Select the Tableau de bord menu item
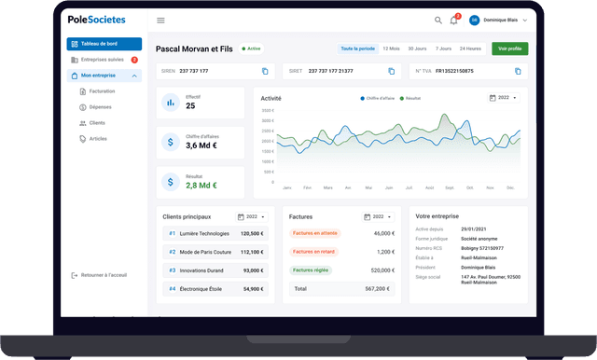[104, 44]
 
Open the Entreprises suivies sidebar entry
[103, 60]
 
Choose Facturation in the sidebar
[102, 91]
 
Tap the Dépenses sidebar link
[100, 107]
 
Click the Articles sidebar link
[98, 138]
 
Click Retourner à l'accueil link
[104, 275]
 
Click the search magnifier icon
[438, 20]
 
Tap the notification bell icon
[454, 20]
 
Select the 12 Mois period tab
[392, 48]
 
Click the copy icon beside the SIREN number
[265, 71]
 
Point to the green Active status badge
[252, 48]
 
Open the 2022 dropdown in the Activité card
[504, 97]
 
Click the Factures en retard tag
[314, 252]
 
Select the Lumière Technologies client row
[214, 233]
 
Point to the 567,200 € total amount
[379, 289]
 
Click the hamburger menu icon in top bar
[160, 20]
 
